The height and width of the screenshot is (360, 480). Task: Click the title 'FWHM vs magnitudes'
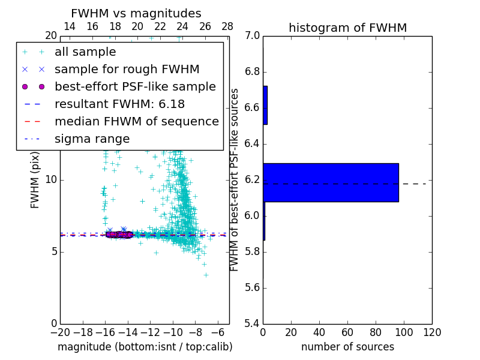pos(136,14)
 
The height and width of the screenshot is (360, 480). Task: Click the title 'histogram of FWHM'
pos(347,28)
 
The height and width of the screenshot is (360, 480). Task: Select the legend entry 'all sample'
pos(85,52)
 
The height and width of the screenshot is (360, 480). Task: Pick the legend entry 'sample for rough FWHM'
pos(127,69)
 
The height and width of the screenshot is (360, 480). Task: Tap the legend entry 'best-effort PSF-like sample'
pos(135,86)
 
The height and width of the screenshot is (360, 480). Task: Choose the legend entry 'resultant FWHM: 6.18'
pos(119,104)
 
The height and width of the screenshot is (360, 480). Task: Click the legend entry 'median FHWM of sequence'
pos(136,121)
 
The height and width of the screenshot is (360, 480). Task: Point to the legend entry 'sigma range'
pos(92,139)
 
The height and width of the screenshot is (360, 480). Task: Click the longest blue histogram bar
pos(331,182)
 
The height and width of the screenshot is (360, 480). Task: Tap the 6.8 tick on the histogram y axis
pos(251,72)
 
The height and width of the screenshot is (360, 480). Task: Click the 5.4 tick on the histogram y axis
pos(251,323)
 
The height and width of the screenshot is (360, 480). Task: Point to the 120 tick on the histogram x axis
pos(432,332)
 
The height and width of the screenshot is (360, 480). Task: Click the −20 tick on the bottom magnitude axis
pos(60,332)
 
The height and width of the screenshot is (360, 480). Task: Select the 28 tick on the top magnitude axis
pos(227,27)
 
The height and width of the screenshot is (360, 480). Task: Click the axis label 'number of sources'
pos(347,347)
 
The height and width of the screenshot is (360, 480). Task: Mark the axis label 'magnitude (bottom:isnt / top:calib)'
pos(145,347)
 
